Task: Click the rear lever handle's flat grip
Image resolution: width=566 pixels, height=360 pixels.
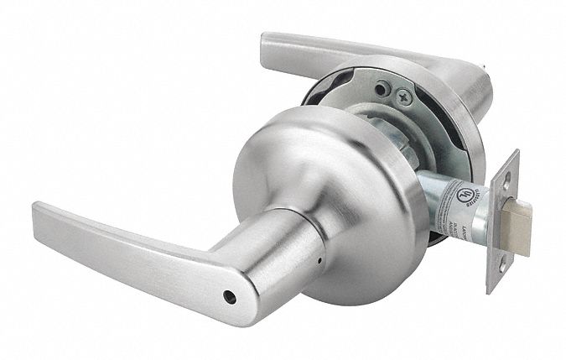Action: [335, 52]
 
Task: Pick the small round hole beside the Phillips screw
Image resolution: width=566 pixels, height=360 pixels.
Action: [382, 87]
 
